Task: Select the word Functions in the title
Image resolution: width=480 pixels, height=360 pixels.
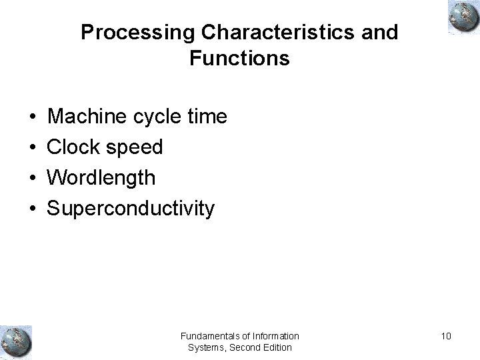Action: (x=239, y=59)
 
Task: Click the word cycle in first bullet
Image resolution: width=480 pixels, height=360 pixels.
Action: (x=156, y=118)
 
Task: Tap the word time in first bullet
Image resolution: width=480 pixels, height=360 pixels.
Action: (x=207, y=117)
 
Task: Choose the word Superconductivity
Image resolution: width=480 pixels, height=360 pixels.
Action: (x=130, y=209)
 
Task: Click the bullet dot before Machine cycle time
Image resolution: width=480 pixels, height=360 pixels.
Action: (x=33, y=118)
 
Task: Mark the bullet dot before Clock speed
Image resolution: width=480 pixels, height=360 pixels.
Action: (x=33, y=148)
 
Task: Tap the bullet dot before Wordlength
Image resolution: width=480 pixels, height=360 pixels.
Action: (x=33, y=179)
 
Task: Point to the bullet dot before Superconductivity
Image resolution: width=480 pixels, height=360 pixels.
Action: (x=33, y=209)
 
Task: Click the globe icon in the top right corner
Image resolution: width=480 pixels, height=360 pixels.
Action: (x=461, y=17)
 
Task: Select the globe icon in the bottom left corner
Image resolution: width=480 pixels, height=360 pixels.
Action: (x=16, y=341)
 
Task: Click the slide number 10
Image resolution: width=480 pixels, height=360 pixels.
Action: (x=445, y=336)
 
